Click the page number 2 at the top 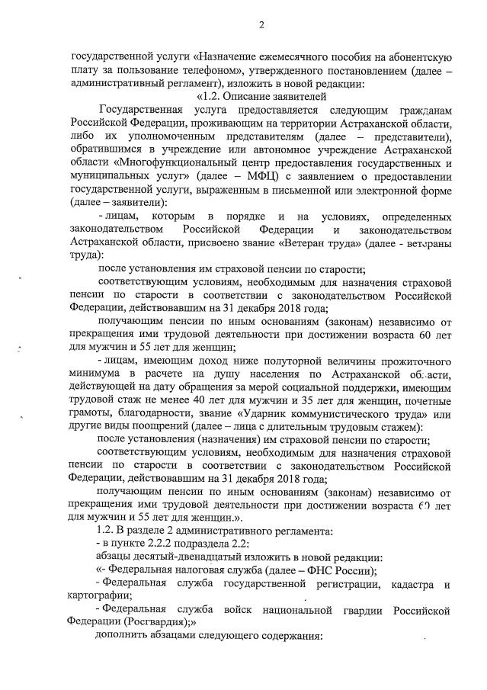[x=261, y=25]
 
